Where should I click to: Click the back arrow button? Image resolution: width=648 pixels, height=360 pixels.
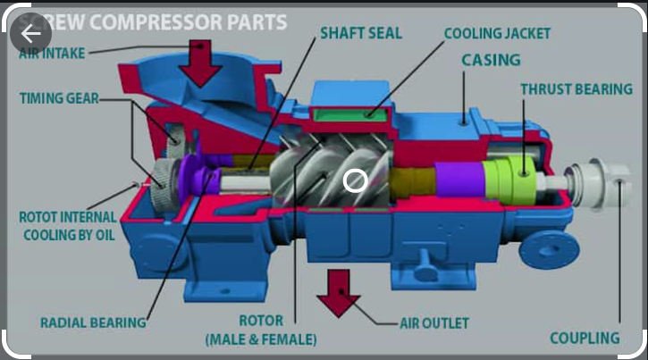[x=32, y=34]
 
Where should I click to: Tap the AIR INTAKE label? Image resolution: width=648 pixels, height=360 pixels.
[x=53, y=54]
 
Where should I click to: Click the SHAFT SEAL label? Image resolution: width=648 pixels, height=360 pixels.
[x=360, y=34]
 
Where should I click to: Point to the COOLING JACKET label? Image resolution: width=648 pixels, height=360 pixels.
[x=497, y=34]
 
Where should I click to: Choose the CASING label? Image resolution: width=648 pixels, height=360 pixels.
[x=492, y=61]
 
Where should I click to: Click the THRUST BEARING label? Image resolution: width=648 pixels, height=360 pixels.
[x=576, y=89]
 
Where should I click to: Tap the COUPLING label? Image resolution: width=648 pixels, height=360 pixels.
[x=585, y=338]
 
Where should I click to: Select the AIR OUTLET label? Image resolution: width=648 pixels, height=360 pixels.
[x=434, y=322]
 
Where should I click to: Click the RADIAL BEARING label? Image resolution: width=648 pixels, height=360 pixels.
[x=94, y=322]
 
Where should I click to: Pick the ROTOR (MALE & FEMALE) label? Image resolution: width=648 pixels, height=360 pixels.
[x=261, y=330]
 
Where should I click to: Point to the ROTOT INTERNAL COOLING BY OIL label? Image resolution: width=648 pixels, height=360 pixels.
[x=68, y=225]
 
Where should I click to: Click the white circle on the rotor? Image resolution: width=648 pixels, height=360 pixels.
[x=355, y=180]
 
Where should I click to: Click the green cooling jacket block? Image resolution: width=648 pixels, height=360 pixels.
[x=350, y=112]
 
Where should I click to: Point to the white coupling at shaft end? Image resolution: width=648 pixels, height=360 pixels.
[x=603, y=182]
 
